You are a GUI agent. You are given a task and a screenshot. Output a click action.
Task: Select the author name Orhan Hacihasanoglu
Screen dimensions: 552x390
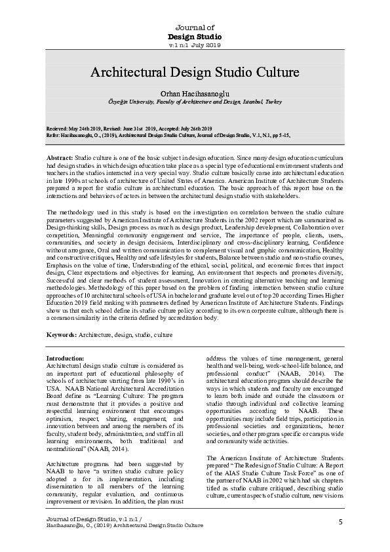click(x=195, y=94)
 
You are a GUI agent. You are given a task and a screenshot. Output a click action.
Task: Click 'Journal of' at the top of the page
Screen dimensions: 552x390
click(x=195, y=27)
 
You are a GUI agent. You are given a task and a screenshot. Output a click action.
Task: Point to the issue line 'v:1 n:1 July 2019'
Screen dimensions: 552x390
click(x=195, y=45)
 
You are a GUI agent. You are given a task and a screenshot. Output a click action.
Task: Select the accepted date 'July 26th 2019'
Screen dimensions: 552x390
click(x=194, y=128)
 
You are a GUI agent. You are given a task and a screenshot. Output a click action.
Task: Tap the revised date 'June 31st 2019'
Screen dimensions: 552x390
click(x=137, y=128)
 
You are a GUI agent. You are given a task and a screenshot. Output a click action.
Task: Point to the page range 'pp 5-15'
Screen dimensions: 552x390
click(x=279, y=134)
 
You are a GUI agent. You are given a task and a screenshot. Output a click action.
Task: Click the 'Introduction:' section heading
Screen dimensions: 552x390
click(x=65, y=358)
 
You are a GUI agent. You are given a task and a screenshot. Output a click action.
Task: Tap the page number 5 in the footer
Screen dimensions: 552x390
click(x=341, y=521)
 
